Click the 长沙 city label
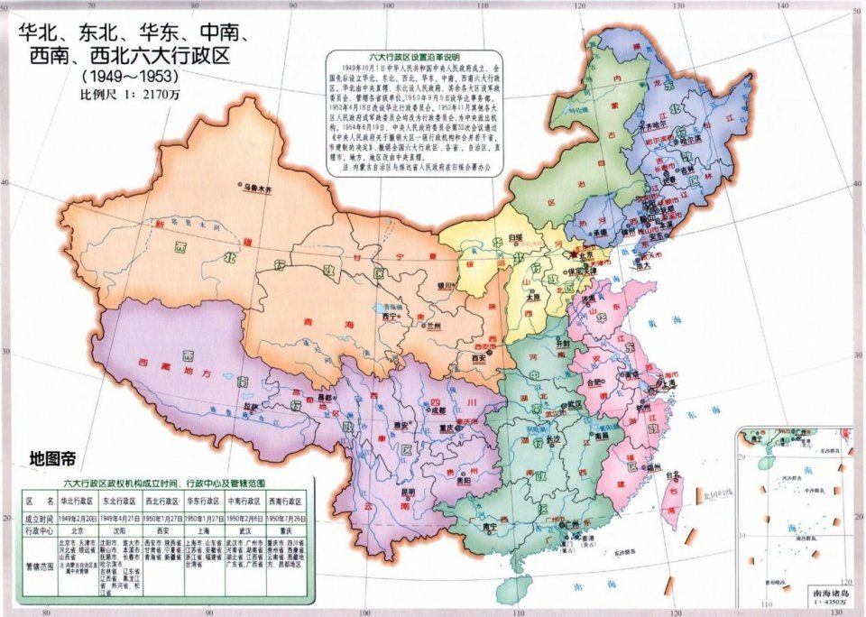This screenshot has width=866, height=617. click(x=553, y=438)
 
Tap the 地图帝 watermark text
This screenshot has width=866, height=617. click(x=56, y=457)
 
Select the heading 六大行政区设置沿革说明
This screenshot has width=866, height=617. click(x=414, y=55)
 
